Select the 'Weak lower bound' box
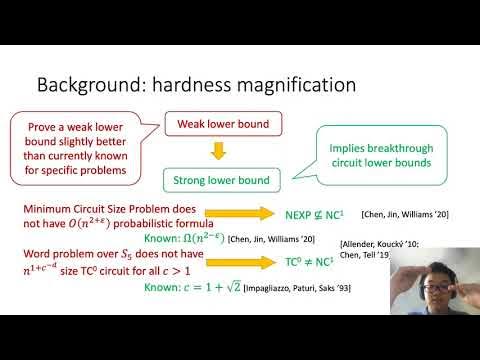(x=225, y=124)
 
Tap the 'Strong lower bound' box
(x=225, y=181)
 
